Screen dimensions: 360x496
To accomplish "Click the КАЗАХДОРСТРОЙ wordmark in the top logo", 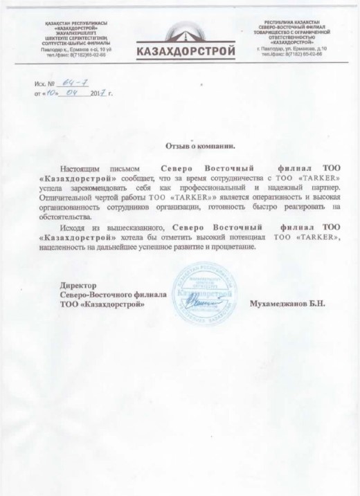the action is coord(179,51).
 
